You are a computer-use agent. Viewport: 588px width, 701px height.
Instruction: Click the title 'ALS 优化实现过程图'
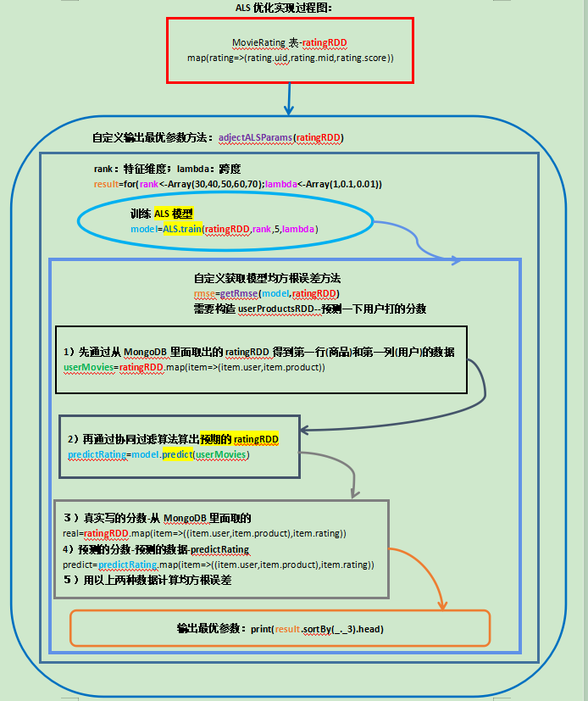[283, 8]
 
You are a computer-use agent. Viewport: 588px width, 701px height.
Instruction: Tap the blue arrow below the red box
[289, 99]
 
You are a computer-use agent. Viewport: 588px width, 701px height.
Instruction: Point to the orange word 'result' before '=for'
[107, 184]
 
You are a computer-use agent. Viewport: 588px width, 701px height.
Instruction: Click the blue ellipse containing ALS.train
[225, 222]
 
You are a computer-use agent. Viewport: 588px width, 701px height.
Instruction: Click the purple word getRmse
[239, 293]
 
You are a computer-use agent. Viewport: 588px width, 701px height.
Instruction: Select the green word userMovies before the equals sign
[88, 368]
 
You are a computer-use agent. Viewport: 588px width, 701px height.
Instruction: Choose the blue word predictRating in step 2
[97, 454]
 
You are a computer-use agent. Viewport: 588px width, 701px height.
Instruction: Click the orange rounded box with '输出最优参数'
[280, 629]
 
